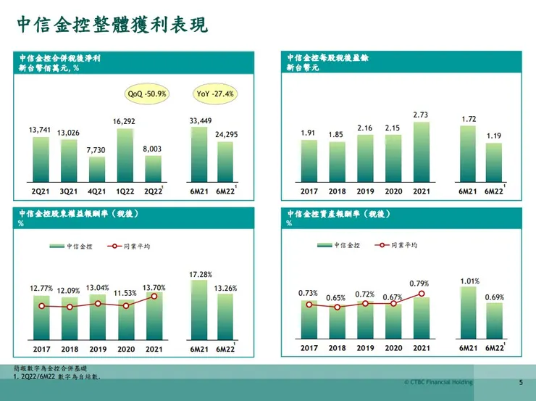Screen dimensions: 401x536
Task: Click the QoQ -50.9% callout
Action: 147,94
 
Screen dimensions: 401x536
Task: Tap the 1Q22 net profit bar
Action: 125,154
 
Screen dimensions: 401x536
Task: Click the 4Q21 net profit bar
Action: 97,168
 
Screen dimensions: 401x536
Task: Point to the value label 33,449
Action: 201,120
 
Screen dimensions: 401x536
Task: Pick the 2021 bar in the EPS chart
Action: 422,151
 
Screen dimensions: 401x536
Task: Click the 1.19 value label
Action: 493,136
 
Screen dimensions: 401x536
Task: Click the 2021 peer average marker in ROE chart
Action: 154,296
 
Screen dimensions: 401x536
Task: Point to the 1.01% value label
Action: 469,281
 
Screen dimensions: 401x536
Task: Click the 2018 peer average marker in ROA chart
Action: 337,307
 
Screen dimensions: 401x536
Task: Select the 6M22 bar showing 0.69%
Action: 494,321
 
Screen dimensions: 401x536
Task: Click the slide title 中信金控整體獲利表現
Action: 112,25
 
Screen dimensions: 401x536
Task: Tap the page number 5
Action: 520,382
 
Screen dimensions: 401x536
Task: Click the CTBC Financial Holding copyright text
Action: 438,382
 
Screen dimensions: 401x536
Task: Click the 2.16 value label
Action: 365,128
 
